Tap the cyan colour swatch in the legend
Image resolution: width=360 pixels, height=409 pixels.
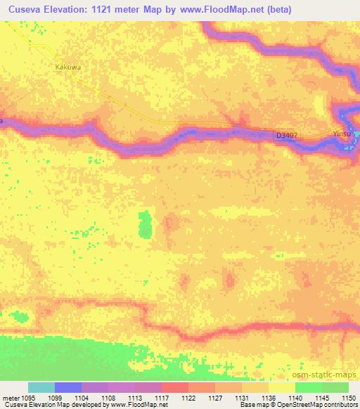click(x=41, y=387)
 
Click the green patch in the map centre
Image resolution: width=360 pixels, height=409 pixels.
click(x=146, y=224)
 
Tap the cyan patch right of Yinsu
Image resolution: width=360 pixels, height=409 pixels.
click(x=356, y=134)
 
